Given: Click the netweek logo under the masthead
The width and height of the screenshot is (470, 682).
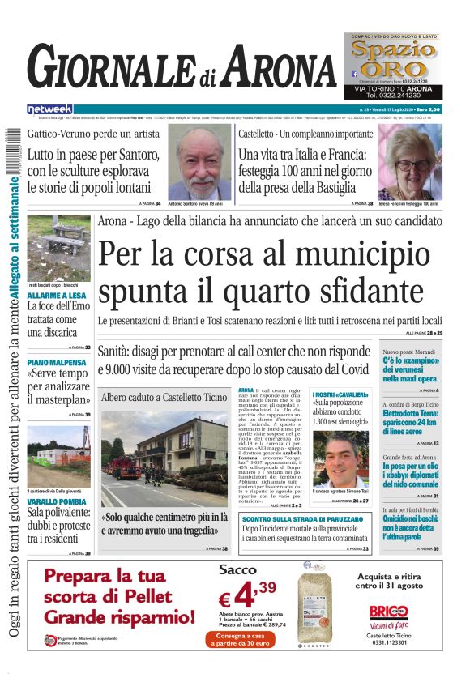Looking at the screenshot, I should point(49,109).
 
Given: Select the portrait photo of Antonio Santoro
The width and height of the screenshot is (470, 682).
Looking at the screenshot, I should point(199,162).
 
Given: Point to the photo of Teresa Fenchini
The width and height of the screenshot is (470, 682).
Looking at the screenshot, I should point(410,162).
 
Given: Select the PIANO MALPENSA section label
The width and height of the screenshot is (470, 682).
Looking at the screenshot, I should point(53,363).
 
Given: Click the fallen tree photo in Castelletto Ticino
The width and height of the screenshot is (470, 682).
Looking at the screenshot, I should point(164,456).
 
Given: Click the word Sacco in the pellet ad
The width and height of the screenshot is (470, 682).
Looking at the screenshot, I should point(237,570).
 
